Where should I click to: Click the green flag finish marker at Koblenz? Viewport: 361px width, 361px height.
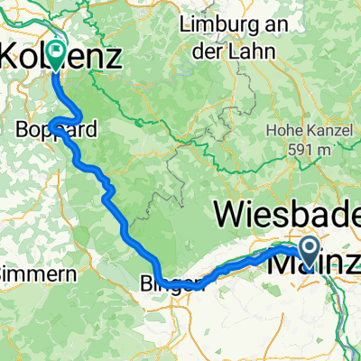click(57, 54)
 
